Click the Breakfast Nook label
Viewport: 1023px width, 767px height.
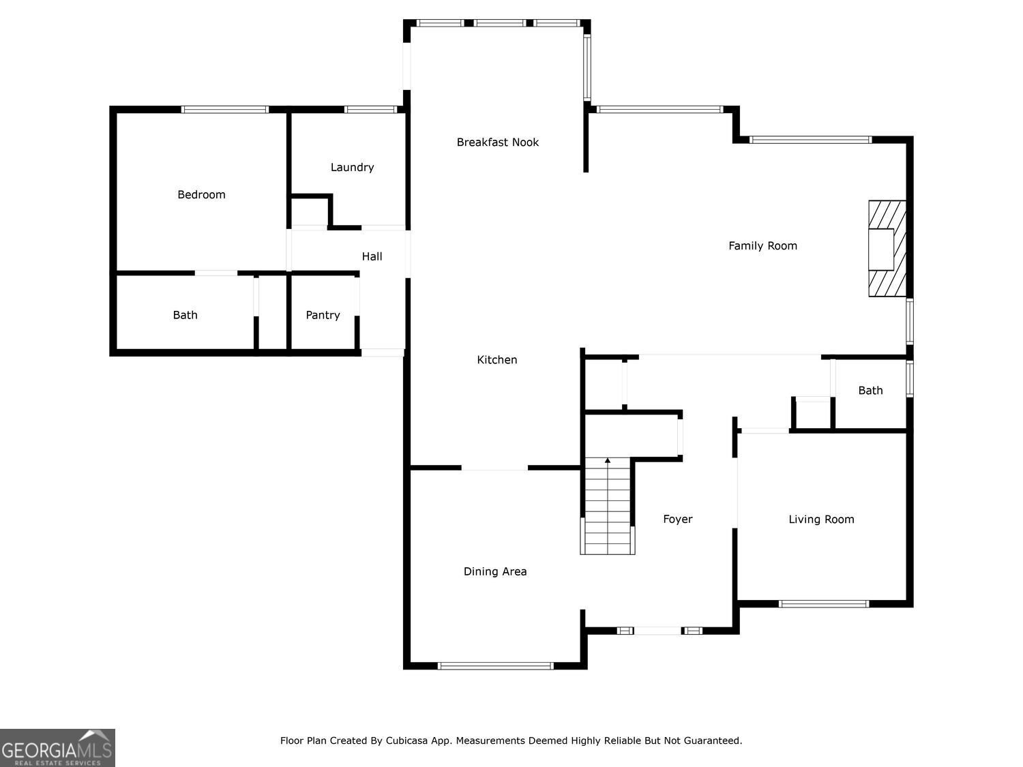coord(497,142)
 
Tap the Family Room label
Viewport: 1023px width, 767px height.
coord(762,246)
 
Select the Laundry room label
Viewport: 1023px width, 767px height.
coord(352,167)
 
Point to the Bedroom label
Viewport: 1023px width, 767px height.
coord(201,195)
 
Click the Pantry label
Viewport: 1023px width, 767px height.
coord(323,315)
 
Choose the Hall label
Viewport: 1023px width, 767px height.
coord(372,256)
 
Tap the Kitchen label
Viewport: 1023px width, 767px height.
coord(496,359)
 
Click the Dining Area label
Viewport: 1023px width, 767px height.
coord(495,571)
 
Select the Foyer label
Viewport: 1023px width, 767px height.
coord(678,520)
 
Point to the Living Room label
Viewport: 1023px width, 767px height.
coord(821,520)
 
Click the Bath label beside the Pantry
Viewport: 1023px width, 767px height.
coord(185,315)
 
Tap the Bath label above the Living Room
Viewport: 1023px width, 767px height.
coord(871,390)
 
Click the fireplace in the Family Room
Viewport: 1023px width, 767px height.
coord(887,248)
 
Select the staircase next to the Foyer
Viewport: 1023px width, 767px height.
coord(607,506)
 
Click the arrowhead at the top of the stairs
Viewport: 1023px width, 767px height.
coord(607,461)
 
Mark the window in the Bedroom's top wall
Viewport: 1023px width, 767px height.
coord(224,110)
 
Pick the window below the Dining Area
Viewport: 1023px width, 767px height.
coord(495,666)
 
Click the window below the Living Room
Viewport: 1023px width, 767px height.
coord(824,604)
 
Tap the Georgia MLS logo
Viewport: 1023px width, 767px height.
coord(57,747)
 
